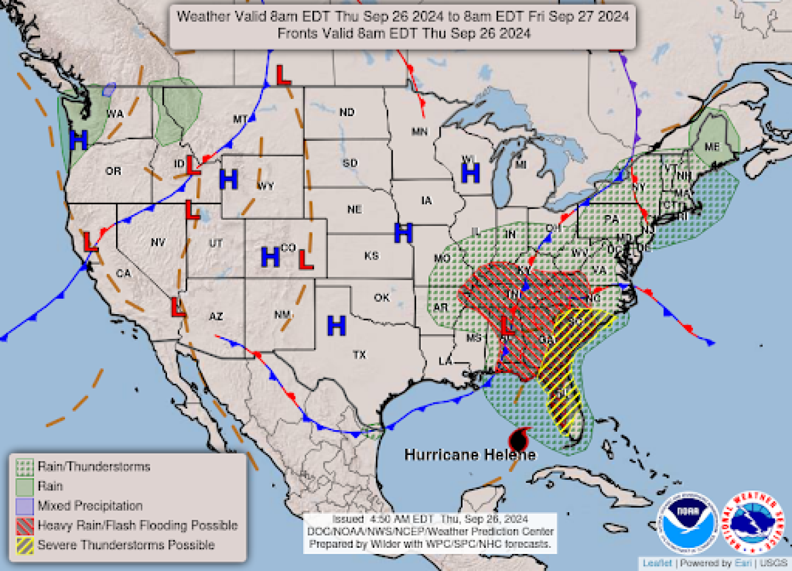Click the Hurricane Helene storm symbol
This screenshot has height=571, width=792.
click(x=519, y=440)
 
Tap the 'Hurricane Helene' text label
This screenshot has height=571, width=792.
click(x=469, y=455)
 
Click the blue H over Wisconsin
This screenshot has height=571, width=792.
click(x=470, y=173)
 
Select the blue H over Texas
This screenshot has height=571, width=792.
click(x=336, y=326)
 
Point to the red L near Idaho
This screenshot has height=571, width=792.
click(x=193, y=166)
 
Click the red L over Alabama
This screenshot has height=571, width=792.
click(x=507, y=326)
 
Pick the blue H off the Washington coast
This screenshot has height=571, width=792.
click(x=78, y=140)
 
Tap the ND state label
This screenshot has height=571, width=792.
click(x=346, y=112)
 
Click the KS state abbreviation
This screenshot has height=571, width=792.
click(x=371, y=256)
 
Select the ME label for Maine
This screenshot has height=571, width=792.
click(x=712, y=147)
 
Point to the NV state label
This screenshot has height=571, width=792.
click(x=158, y=242)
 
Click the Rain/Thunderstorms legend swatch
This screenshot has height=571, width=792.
click(x=25, y=467)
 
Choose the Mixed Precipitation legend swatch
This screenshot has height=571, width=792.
click(x=25, y=506)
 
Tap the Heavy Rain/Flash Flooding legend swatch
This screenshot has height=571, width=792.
click(x=25, y=526)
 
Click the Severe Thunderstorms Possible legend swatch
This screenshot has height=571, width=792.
click(x=25, y=545)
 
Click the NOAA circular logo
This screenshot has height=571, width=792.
click(x=688, y=522)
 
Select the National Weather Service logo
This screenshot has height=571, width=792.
click(x=753, y=522)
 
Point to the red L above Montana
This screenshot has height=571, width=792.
click(x=283, y=75)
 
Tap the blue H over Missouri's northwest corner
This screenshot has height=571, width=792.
click(x=403, y=233)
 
